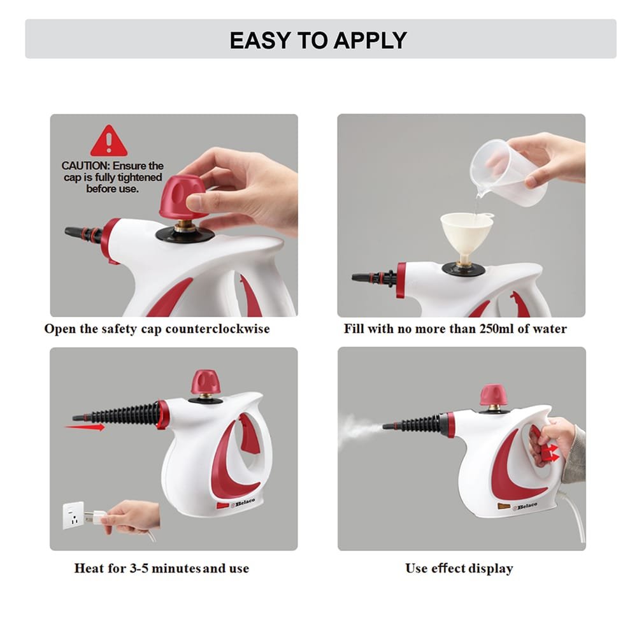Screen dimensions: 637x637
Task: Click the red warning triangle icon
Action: [x=108, y=141]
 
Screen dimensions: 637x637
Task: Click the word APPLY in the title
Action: [x=370, y=40]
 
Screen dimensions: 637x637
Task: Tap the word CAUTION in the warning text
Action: [x=83, y=166]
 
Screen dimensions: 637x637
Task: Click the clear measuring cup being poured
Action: [x=509, y=172]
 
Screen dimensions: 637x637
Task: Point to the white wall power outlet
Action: [x=73, y=515]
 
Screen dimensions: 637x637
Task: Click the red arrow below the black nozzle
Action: [x=85, y=427]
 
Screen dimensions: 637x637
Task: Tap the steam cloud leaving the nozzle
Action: [x=359, y=428]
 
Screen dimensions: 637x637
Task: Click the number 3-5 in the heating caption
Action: [x=139, y=568]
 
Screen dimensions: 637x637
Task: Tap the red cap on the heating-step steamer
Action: [x=206, y=382]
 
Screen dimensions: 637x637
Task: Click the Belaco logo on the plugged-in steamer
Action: [x=243, y=503]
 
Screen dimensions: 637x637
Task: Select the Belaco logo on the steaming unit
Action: [x=524, y=506]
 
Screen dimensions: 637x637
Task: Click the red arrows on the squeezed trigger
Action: [x=551, y=452]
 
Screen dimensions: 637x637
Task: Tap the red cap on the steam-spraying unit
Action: [x=493, y=395]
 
